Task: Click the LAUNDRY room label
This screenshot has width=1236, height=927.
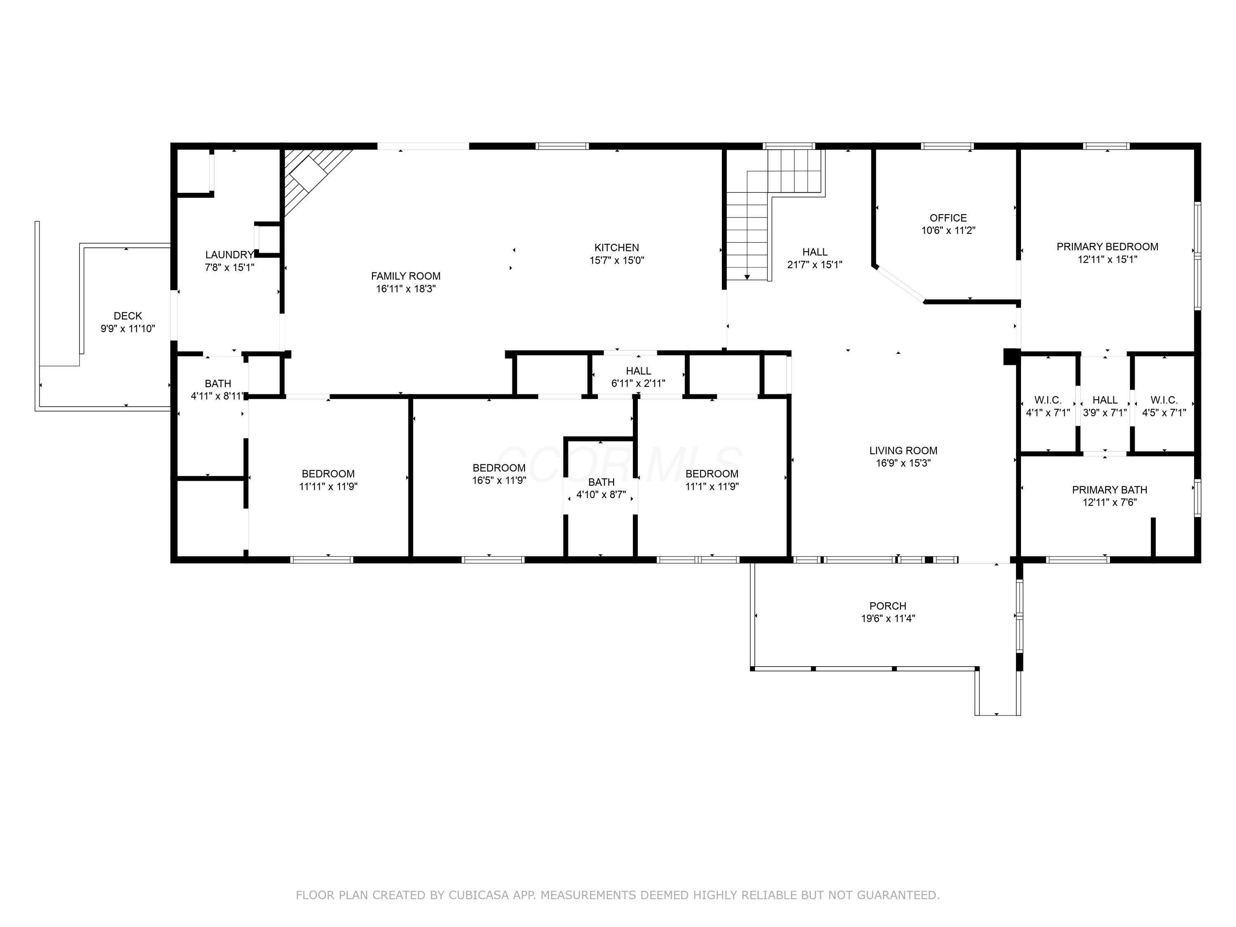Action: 229,255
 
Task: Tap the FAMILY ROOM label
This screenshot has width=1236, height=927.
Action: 406,276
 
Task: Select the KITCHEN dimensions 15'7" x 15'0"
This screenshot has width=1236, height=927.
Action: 617,260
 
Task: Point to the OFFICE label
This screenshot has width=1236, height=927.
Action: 948,218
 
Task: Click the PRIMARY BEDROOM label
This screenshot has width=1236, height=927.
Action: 1107,246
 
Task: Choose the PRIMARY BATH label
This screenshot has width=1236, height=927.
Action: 1110,490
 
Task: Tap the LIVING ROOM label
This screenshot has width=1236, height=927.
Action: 904,450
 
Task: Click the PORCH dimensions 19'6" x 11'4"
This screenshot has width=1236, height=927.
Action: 888,618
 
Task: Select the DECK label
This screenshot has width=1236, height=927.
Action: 128,316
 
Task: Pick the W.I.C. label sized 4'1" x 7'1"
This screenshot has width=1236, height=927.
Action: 1048,400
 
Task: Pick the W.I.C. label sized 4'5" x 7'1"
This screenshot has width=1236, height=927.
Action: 1164,400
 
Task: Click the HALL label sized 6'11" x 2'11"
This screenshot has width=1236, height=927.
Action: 638,371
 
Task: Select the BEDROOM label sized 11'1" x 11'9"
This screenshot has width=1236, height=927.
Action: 712,474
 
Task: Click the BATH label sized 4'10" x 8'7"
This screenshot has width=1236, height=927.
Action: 601,482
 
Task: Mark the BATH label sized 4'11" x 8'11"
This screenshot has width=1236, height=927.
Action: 218,384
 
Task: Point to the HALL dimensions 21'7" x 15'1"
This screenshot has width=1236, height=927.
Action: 815,265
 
